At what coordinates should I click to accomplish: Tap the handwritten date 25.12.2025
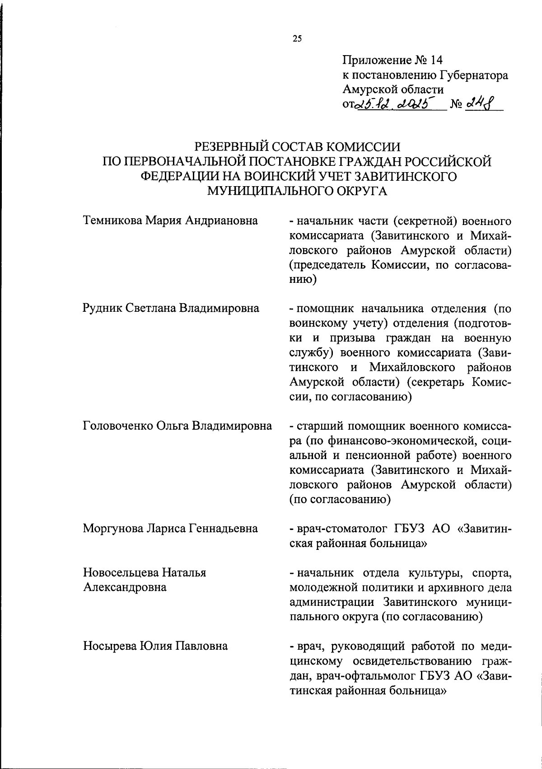(x=394, y=105)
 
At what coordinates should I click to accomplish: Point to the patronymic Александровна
(x=125, y=587)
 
